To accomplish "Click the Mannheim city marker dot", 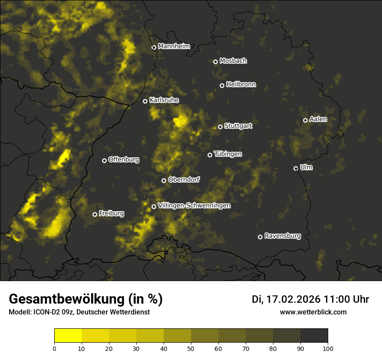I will click(x=154, y=48).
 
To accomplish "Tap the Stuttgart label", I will click(x=238, y=126).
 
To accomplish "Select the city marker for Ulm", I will click(x=296, y=168).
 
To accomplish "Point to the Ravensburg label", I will click(x=282, y=236).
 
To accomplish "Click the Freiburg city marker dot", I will click(x=95, y=214).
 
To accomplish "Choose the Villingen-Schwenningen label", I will click(x=194, y=206).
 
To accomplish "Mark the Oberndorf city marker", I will click(x=164, y=180).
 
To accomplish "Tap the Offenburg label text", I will click(x=124, y=160).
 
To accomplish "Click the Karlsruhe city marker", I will click(x=145, y=101).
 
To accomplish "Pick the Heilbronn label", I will click(x=241, y=85).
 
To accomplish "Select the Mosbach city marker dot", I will click(x=215, y=62).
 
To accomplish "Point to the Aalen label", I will click(x=318, y=119).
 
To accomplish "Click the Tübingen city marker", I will click(x=210, y=155).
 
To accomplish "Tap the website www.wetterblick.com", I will click(x=313, y=312).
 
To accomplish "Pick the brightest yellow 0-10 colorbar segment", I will click(x=68, y=336).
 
